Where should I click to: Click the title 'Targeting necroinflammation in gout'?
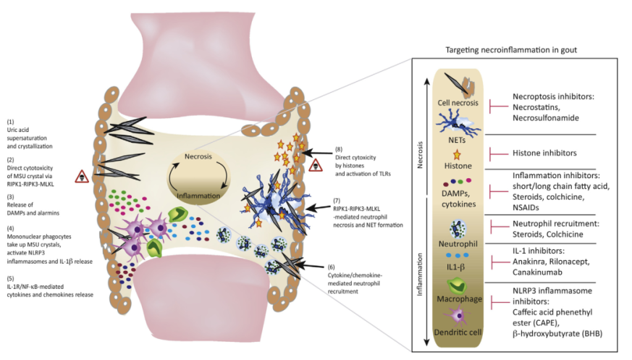[x=511, y=50]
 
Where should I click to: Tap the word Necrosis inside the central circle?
[x=198, y=156]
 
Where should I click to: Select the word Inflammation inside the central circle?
[x=198, y=196]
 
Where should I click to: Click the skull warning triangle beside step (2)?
[x=82, y=177]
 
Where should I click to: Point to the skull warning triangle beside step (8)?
[x=316, y=165]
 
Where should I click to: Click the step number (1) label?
[x=10, y=122]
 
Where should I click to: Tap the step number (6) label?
[x=332, y=267]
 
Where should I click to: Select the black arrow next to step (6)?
[x=310, y=265]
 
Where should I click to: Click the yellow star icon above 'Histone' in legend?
[x=457, y=154]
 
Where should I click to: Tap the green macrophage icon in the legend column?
[x=457, y=286]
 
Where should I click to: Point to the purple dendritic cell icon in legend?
[x=457, y=316]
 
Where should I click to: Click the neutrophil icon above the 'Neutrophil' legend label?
[x=458, y=229]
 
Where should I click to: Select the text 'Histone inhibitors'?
[x=544, y=153]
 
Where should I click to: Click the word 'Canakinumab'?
[x=537, y=272]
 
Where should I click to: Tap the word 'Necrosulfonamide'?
[x=546, y=118]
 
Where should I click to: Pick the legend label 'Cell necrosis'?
[x=458, y=103]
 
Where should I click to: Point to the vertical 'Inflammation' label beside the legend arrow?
[x=420, y=275]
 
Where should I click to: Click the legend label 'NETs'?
[x=457, y=141]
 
